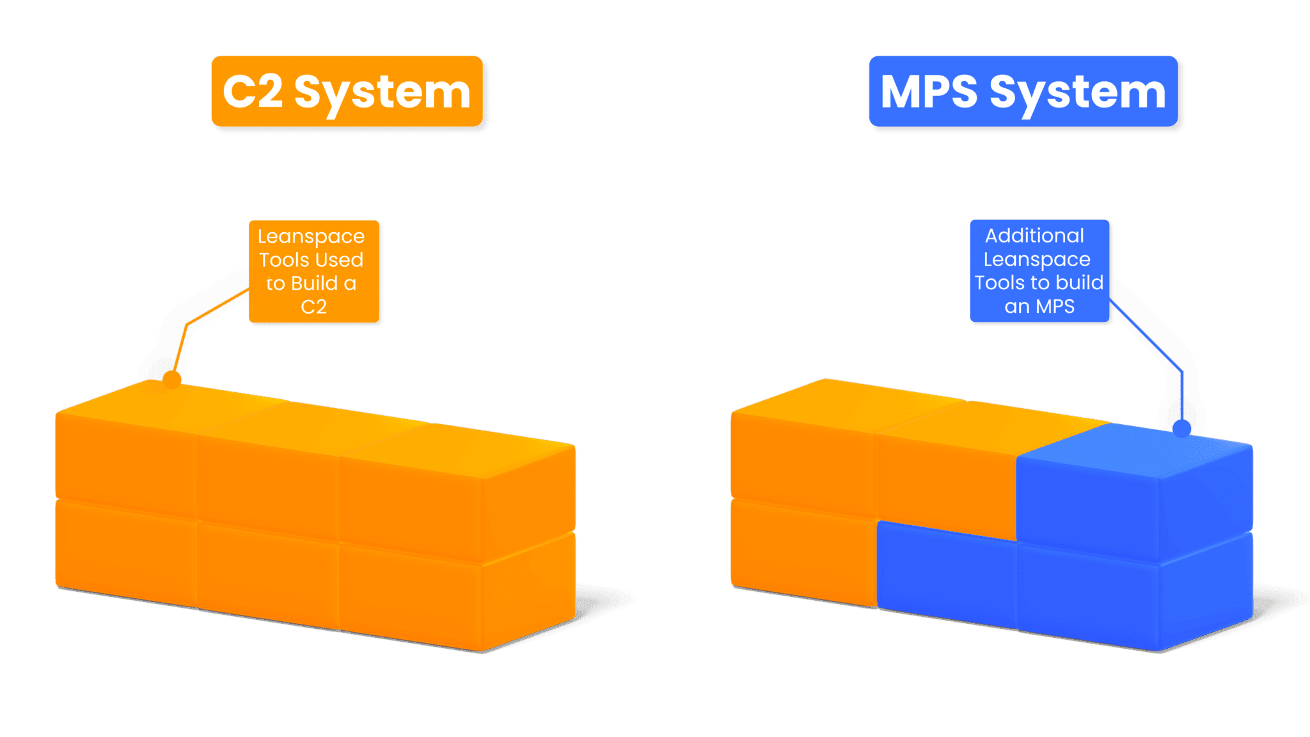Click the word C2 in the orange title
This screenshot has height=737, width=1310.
pos(253,92)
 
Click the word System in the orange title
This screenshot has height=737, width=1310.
pos(382,93)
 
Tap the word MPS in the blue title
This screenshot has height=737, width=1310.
pos(929,92)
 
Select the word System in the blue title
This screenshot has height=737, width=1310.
pos(1078,93)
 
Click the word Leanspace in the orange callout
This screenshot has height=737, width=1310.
pos(311,237)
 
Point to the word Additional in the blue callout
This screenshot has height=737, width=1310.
pos(1034,235)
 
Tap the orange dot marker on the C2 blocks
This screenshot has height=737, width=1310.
pos(171,379)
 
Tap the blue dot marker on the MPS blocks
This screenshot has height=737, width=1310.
pos(1181,428)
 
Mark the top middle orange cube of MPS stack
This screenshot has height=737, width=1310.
pos(945,480)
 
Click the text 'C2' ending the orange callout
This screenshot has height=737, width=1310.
pos(313,307)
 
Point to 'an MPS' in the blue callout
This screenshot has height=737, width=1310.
pos(1039,306)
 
